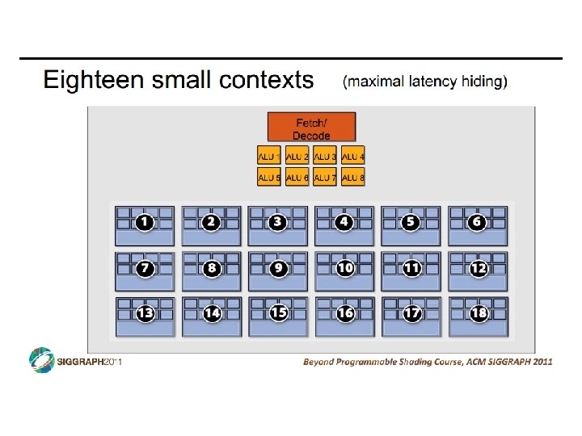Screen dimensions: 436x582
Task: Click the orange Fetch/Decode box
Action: pyautogui.click(x=311, y=128)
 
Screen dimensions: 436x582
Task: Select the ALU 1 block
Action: pyautogui.click(x=269, y=156)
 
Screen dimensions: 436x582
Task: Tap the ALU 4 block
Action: pyautogui.click(x=353, y=156)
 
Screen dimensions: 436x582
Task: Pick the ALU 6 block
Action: pyautogui.click(x=297, y=177)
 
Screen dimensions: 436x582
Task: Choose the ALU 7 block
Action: pyautogui.click(x=325, y=177)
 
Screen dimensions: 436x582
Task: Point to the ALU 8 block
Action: pyautogui.click(x=353, y=177)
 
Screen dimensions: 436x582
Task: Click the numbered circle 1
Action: pyautogui.click(x=145, y=222)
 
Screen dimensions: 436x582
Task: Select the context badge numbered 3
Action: pyautogui.click(x=278, y=222)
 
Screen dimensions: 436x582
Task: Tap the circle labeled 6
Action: pyautogui.click(x=477, y=222)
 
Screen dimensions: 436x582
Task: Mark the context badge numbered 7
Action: pyautogui.click(x=145, y=267)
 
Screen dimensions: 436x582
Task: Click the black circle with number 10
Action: pyautogui.click(x=345, y=267)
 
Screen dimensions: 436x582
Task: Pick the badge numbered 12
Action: pyautogui.click(x=479, y=267)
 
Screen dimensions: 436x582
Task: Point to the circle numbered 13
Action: pyautogui.click(x=145, y=313)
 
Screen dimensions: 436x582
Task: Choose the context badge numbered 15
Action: pyautogui.click(x=279, y=312)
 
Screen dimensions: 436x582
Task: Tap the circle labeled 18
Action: pyautogui.click(x=479, y=313)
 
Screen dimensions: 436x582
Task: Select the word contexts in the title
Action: pyautogui.click(x=268, y=81)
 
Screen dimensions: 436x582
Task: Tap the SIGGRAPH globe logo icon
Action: pyautogui.click(x=41, y=361)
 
